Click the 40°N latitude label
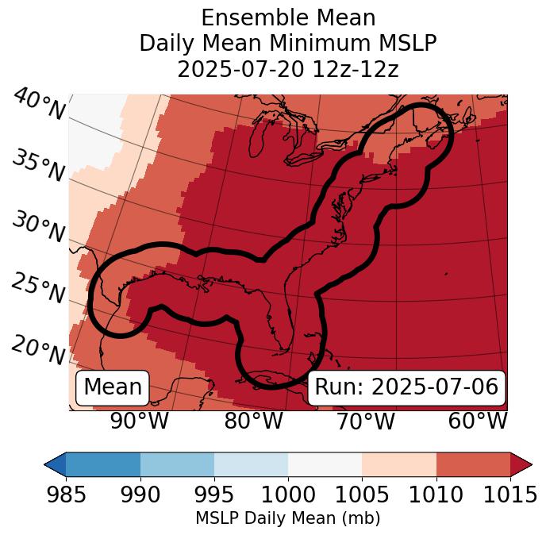tap(39, 105)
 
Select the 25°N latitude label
tap(37, 288)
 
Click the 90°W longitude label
tap(139, 421)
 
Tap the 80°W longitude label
tap(253, 421)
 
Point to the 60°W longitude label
tap(478, 421)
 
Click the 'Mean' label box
tap(113, 387)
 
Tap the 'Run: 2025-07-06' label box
tap(406, 387)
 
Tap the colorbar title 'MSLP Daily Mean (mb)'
tap(287, 518)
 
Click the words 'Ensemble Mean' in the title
tap(288, 17)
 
